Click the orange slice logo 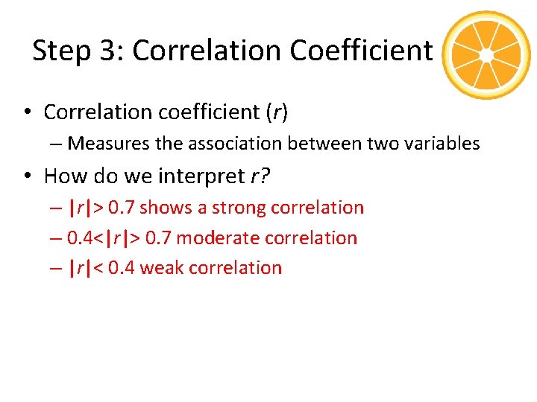(486, 55)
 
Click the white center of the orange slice (486, 55)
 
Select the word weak (162, 268)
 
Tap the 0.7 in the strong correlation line (121, 207)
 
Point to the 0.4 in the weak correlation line (121, 268)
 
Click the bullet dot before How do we (26, 176)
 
